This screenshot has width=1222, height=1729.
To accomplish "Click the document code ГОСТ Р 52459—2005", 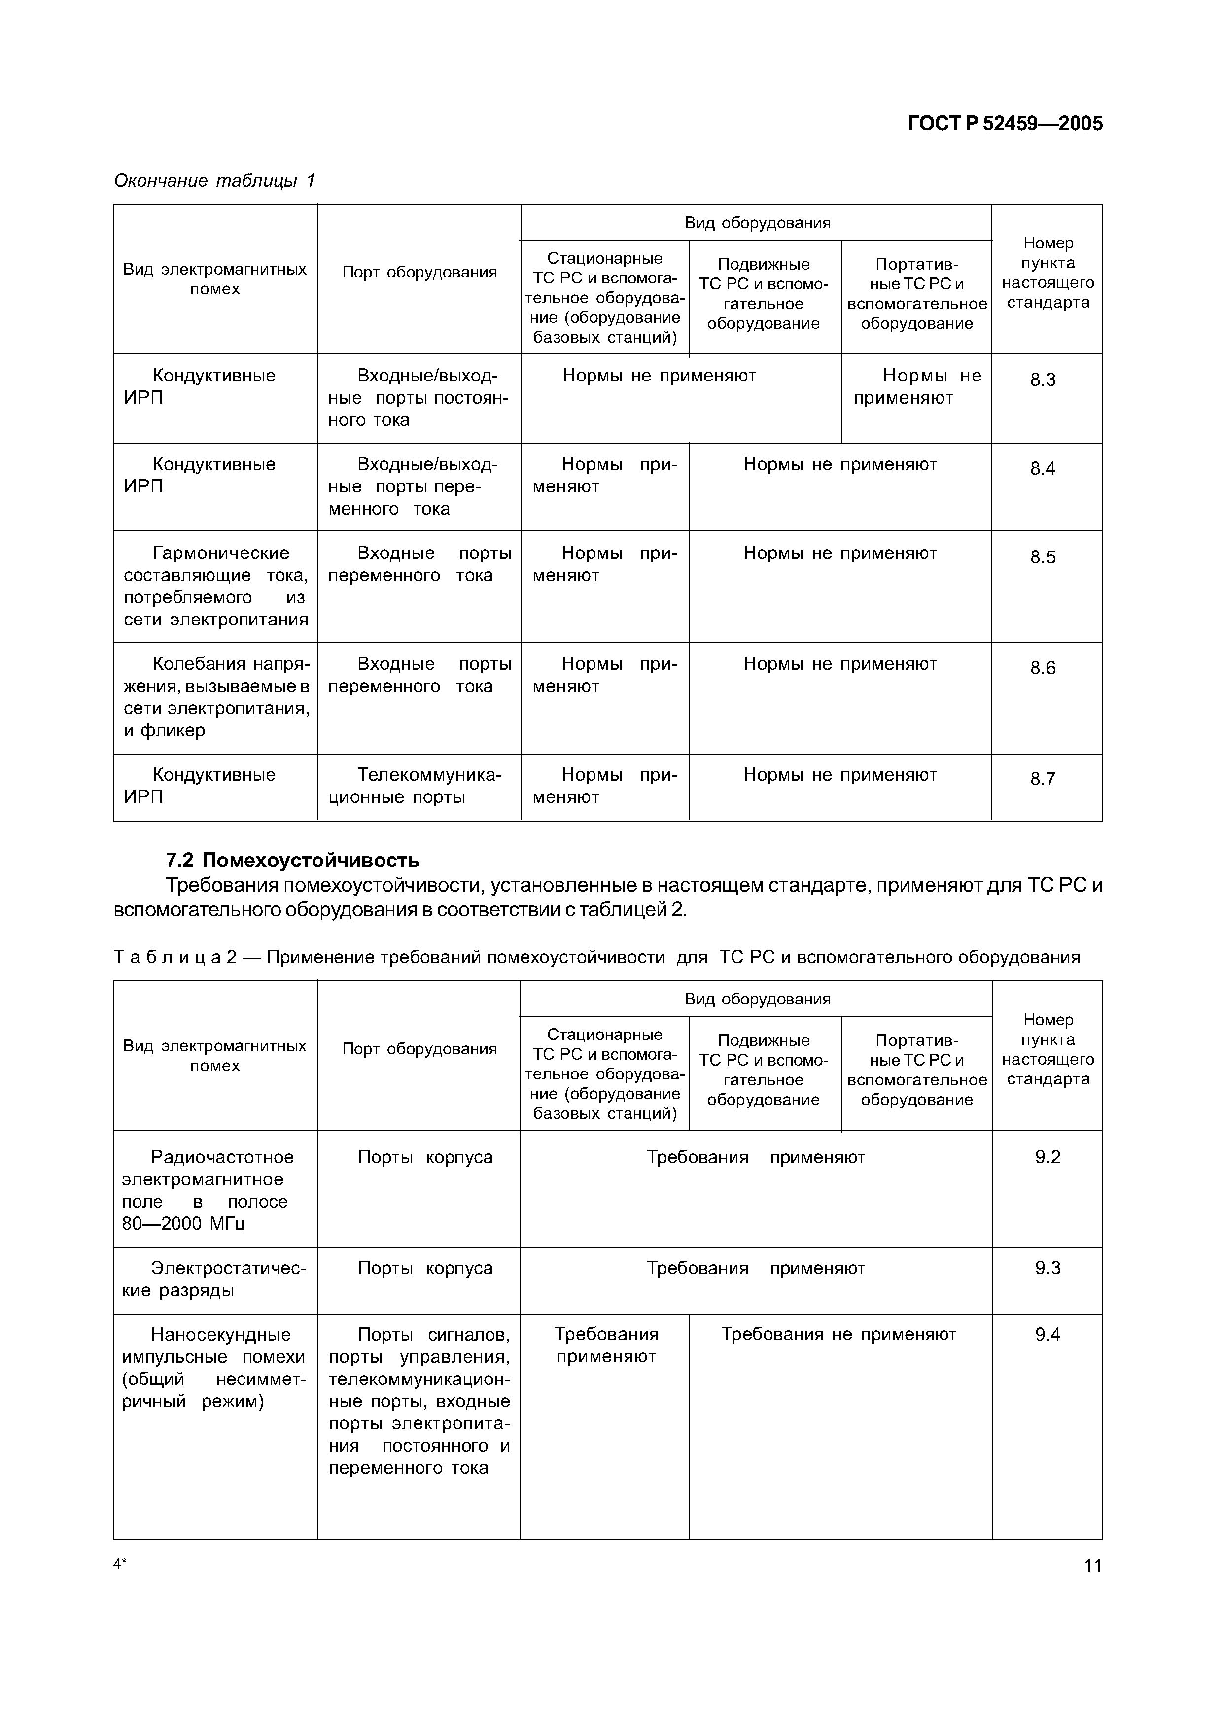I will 1005,124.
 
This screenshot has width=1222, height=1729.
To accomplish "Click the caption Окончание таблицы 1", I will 214,181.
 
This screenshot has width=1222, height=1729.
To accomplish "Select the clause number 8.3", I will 1043,380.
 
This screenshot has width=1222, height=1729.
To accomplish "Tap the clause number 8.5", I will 1043,557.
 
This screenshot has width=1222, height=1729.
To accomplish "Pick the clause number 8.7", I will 1043,779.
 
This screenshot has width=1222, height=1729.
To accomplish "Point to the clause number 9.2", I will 1047,1157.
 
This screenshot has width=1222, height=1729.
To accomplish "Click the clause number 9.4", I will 1047,1334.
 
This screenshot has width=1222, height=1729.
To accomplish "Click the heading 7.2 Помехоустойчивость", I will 293,860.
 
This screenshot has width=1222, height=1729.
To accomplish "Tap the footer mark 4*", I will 120,1564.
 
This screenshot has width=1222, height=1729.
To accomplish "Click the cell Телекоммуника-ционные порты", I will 418,786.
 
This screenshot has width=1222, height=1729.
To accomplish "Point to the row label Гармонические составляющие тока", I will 215,586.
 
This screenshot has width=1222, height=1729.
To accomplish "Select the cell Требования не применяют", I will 838,1334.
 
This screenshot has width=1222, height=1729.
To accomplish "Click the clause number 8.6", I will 1043,668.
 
